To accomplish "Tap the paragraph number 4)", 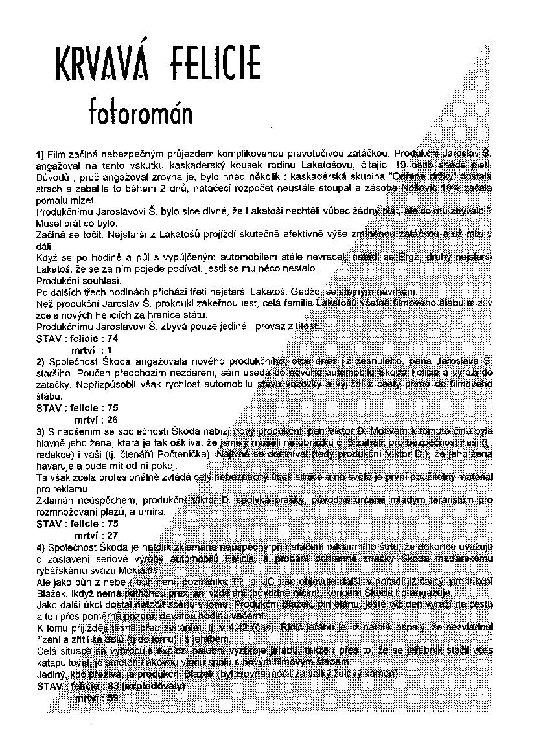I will click(40, 547).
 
